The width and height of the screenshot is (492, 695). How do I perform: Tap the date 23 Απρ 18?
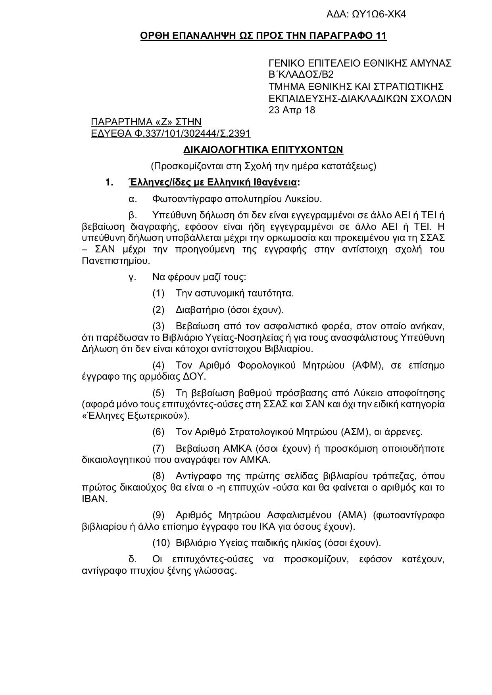pos(292,110)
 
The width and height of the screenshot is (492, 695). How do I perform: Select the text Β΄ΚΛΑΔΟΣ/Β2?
pos(301,75)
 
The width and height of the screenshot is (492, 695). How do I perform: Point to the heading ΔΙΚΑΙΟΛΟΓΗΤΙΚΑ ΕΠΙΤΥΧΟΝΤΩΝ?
pos(263,149)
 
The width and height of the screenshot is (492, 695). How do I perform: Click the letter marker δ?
pos(133,559)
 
